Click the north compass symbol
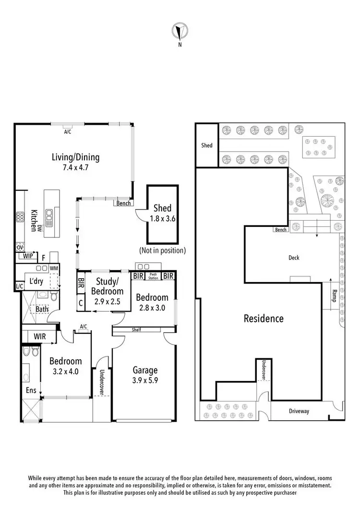pos(180,33)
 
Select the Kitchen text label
pos(35,220)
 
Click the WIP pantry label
pos(28,256)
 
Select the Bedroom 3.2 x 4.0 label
pos(66,366)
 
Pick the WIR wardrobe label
pos(39,337)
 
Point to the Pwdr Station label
pos(154,276)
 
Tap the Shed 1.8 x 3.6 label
pos(162,213)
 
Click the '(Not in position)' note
pos(162,250)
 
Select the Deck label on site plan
pos(294,258)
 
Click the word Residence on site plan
pos(264,318)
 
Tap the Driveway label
pos(299,411)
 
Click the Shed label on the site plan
pos(206,145)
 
